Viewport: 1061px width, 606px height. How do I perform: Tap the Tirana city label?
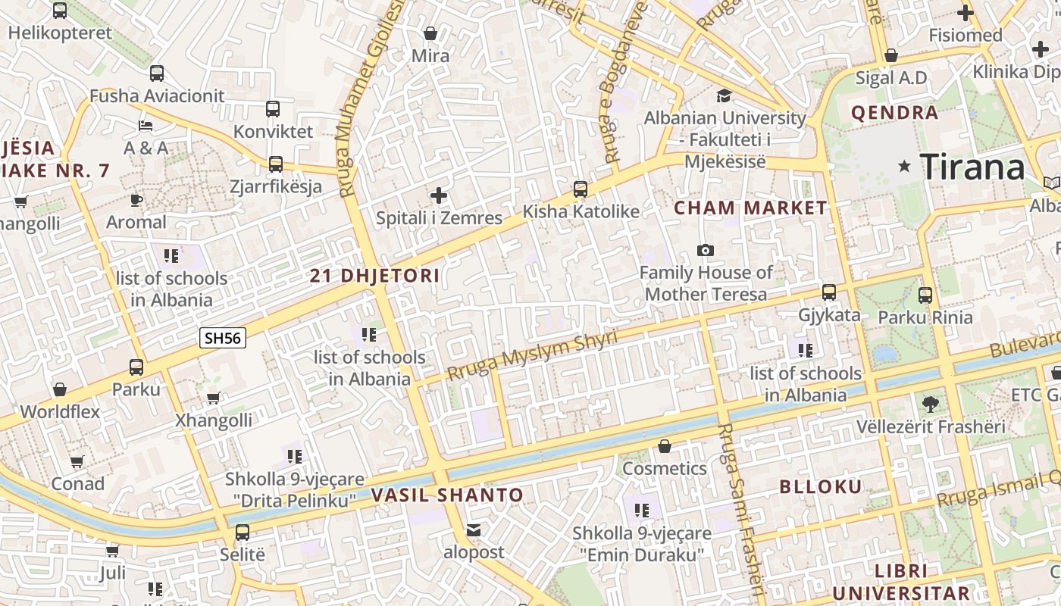click(x=972, y=167)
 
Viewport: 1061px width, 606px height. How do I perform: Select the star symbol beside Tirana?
click(x=904, y=166)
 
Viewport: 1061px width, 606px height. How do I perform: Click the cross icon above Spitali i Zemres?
click(x=439, y=196)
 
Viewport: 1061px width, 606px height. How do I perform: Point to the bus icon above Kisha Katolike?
click(x=581, y=189)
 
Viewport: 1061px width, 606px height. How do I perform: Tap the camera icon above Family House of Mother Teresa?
click(x=705, y=251)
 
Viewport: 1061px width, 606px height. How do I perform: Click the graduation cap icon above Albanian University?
click(x=724, y=96)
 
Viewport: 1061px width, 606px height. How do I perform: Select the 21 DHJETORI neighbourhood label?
click(x=374, y=276)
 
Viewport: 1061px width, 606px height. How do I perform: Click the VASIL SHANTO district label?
click(x=447, y=495)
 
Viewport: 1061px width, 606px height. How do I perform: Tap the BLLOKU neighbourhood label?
click(x=821, y=486)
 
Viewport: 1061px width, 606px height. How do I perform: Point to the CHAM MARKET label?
click(x=750, y=208)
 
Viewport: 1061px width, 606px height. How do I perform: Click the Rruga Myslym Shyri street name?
click(x=532, y=355)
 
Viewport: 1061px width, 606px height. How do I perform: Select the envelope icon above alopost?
click(x=474, y=530)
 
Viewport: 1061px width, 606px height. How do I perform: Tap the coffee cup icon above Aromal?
click(x=136, y=201)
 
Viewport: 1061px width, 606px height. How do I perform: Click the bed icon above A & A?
click(x=146, y=126)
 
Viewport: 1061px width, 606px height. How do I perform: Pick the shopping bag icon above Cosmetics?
click(x=665, y=447)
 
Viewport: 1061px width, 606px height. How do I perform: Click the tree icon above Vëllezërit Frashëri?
click(x=931, y=405)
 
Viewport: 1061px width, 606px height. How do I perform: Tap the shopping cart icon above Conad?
click(x=77, y=462)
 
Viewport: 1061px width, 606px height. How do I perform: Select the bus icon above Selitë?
click(x=243, y=533)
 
